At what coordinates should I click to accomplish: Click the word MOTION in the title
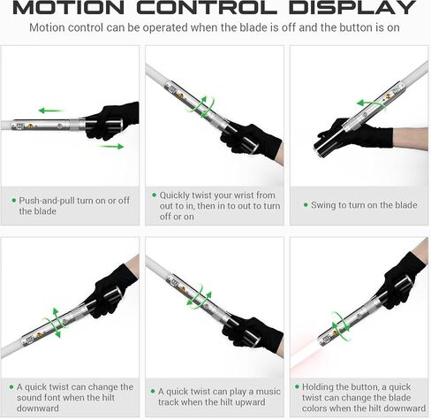(x=69, y=8)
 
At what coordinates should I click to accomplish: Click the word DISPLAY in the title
(x=352, y=8)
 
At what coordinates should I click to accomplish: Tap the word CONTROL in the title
(x=207, y=8)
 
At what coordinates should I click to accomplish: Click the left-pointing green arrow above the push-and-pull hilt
(x=50, y=111)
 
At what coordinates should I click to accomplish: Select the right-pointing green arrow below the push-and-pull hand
(x=111, y=146)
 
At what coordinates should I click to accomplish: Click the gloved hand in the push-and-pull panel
(x=112, y=121)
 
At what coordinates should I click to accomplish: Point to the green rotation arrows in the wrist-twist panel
(x=201, y=107)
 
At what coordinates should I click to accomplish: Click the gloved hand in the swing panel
(x=356, y=134)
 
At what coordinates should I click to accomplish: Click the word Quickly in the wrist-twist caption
(x=175, y=195)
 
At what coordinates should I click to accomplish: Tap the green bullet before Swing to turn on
(x=306, y=205)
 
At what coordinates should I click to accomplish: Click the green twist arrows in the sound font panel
(x=54, y=323)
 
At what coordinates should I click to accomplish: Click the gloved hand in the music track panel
(x=253, y=334)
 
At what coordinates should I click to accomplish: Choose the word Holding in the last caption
(x=318, y=387)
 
